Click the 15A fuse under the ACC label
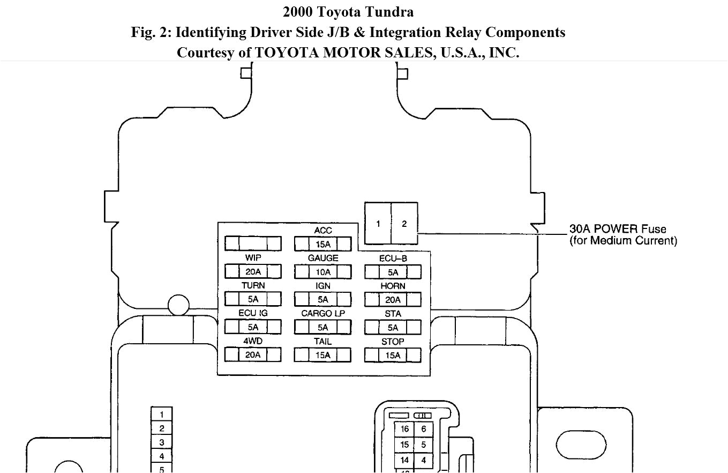pyautogui.click(x=323, y=244)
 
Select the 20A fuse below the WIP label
pyautogui.click(x=253, y=271)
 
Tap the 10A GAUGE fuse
pyautogui.click(x=323, y=272)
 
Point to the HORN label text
pyautogui.click(x=393, y=286)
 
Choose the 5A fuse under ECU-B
pyautogui.click(x=393, y=272)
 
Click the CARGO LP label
pyautogui.click(x=323, y=313)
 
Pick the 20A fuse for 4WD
pyautogui.click(x=253, y=354)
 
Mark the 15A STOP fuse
pyautogui.click(x=393, y=355)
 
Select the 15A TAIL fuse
pyautogui.click(x=323, y=355)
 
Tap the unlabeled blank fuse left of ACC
pyautogui.click(x=253, y=243)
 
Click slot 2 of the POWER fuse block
pyautogui.click(x=404, y=224)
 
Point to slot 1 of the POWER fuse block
pyautogui.click(x=378, y=224)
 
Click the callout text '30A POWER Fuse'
pyautogui.click(x=618, y=229)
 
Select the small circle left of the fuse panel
pyautogui.click(x=178, y=306)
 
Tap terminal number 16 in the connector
pyautogui.click(x=404, y=429)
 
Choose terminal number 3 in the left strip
pyautogui.click(x=162, y=442)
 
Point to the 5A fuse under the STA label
pyautogui.click(x=393, y=327)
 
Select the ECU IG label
pyautogui.click(x=253, y=313)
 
